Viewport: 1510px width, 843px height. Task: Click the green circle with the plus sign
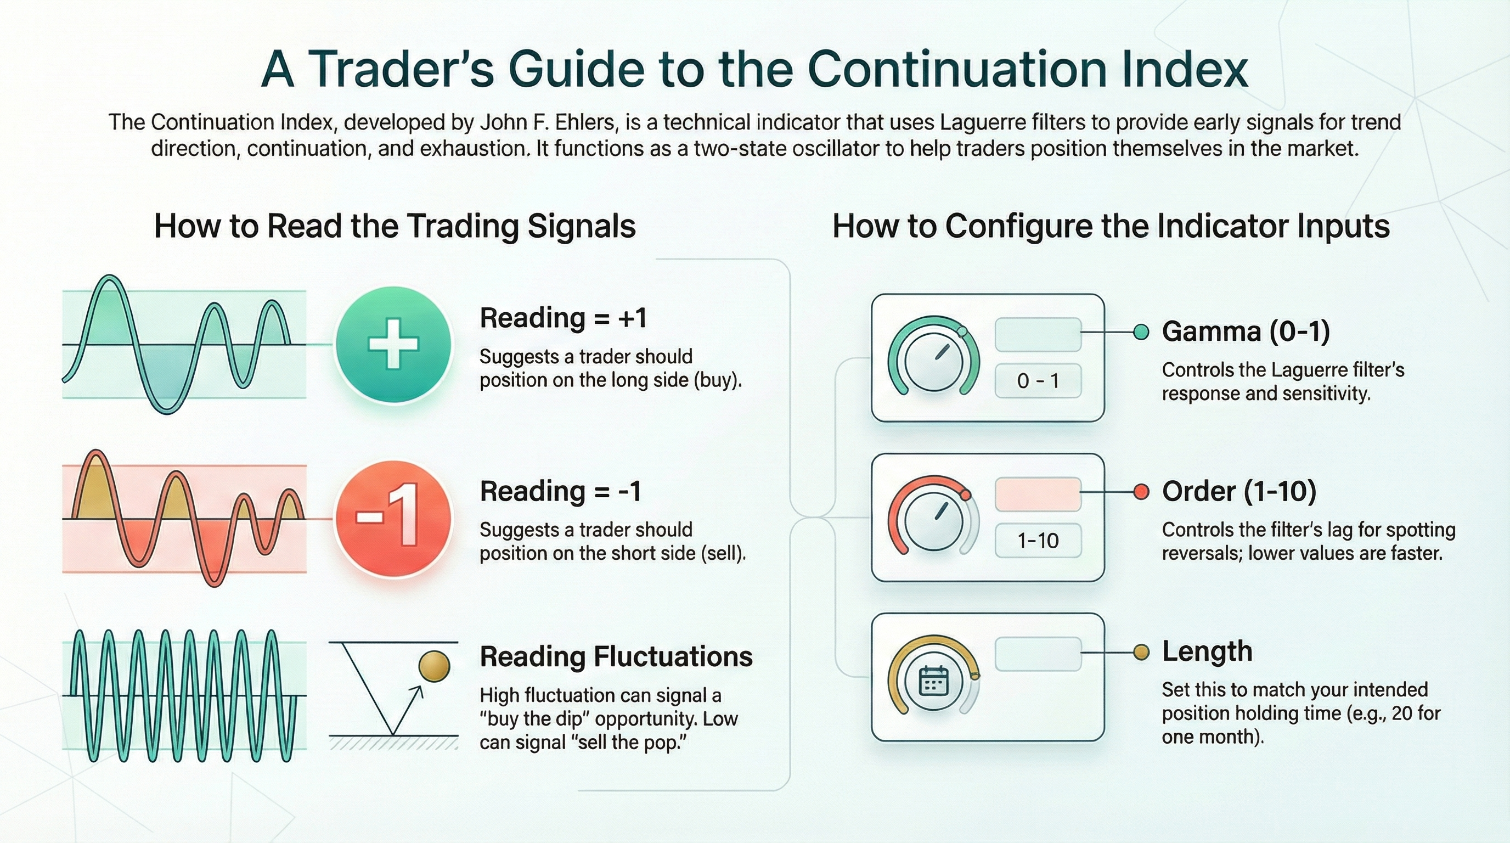tap(393, 344)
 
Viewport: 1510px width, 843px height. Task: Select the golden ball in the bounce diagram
tap(435, 666)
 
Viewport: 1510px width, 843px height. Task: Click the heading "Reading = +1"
tap(564, 318)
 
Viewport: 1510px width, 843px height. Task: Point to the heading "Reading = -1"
tap(560, 491)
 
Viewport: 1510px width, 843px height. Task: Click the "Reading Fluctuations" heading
tap(616, 656)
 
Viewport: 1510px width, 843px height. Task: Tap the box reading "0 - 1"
tap(1038, 381)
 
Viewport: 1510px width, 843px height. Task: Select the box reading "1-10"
tap(1038, 541)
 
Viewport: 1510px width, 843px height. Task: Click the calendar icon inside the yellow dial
tap(934, 681)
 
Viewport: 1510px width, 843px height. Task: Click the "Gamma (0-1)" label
tap(1246, 332)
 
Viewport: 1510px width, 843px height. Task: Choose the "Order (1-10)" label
tap(1239, 491)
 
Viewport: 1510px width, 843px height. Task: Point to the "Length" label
tap(1207, 651)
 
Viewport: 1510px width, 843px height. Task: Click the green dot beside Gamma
tap(1141, 333)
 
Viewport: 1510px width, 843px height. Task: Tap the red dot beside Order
tap(1141, 492)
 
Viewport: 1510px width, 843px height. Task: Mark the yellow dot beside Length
tap(1141, 652)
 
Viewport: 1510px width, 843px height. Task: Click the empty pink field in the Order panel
tap(1038, 494)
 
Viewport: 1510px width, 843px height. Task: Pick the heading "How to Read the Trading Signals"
tap(395, 226)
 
